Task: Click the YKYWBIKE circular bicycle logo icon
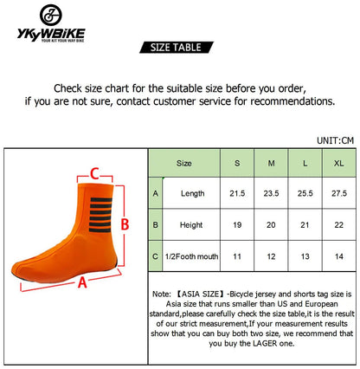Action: pyautogui.click(x=51, y=15)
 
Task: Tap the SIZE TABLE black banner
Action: pyautogui.click(x=177, y=48)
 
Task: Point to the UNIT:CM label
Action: pyautogui.click(x=335, y=140)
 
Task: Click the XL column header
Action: pyautogui.click(x=339, y=163)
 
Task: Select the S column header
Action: pyautogui.click(x=237, y=163)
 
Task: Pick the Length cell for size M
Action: pyautogui.click(x=271, y=193)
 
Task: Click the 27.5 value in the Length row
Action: pyautogui.click(x=339, y=193)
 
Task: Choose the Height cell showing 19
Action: pyautogui.click(x=237, y=224)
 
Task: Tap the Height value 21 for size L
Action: pyautogui.click(x=305, y=224)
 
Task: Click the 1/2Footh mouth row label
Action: pyautogui.click(x=191, y=256)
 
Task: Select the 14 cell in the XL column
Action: pyautogui.click(x=339, y=256)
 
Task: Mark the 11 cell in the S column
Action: pyautogui.click(x=237, y=256)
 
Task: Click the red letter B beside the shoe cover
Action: pyautogui.click(x=125, y=224)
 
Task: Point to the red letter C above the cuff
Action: pyautogui.click(x=94, y=174)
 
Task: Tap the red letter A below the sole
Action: pyautogui.click(x=82, y=282)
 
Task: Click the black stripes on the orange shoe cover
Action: pyautogui.click(x=100, y=215)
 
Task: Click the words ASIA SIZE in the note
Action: pyautogui.click(x=201, y=294)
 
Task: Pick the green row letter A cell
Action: pyautogui.click(x=156, y=193)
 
